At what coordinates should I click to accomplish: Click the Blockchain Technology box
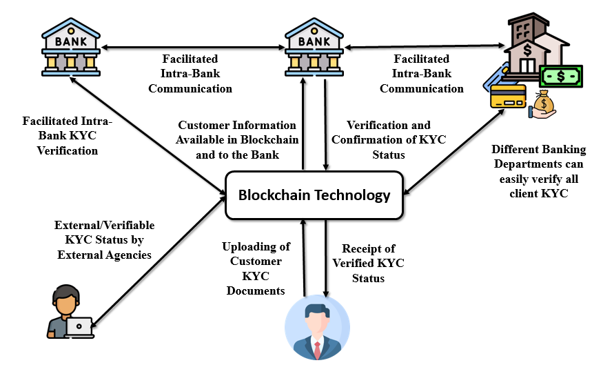314,195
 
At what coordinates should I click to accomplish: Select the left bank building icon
71,47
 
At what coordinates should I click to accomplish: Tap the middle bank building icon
314,47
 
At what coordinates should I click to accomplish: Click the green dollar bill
561,77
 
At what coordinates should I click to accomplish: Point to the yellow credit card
508,97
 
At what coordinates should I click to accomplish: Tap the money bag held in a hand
543,105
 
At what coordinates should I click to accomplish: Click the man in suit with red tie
317,328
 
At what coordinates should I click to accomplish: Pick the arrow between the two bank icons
192,47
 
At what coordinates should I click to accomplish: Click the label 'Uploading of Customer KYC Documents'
256,268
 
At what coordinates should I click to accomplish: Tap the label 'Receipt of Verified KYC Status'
368,264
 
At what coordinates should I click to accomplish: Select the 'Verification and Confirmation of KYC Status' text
389,140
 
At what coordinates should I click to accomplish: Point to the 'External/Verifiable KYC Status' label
104,233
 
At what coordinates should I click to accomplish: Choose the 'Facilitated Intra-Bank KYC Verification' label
68,136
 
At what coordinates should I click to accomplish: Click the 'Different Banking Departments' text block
539,171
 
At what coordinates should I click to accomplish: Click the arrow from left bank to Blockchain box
148,136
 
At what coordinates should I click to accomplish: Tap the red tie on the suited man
317,350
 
